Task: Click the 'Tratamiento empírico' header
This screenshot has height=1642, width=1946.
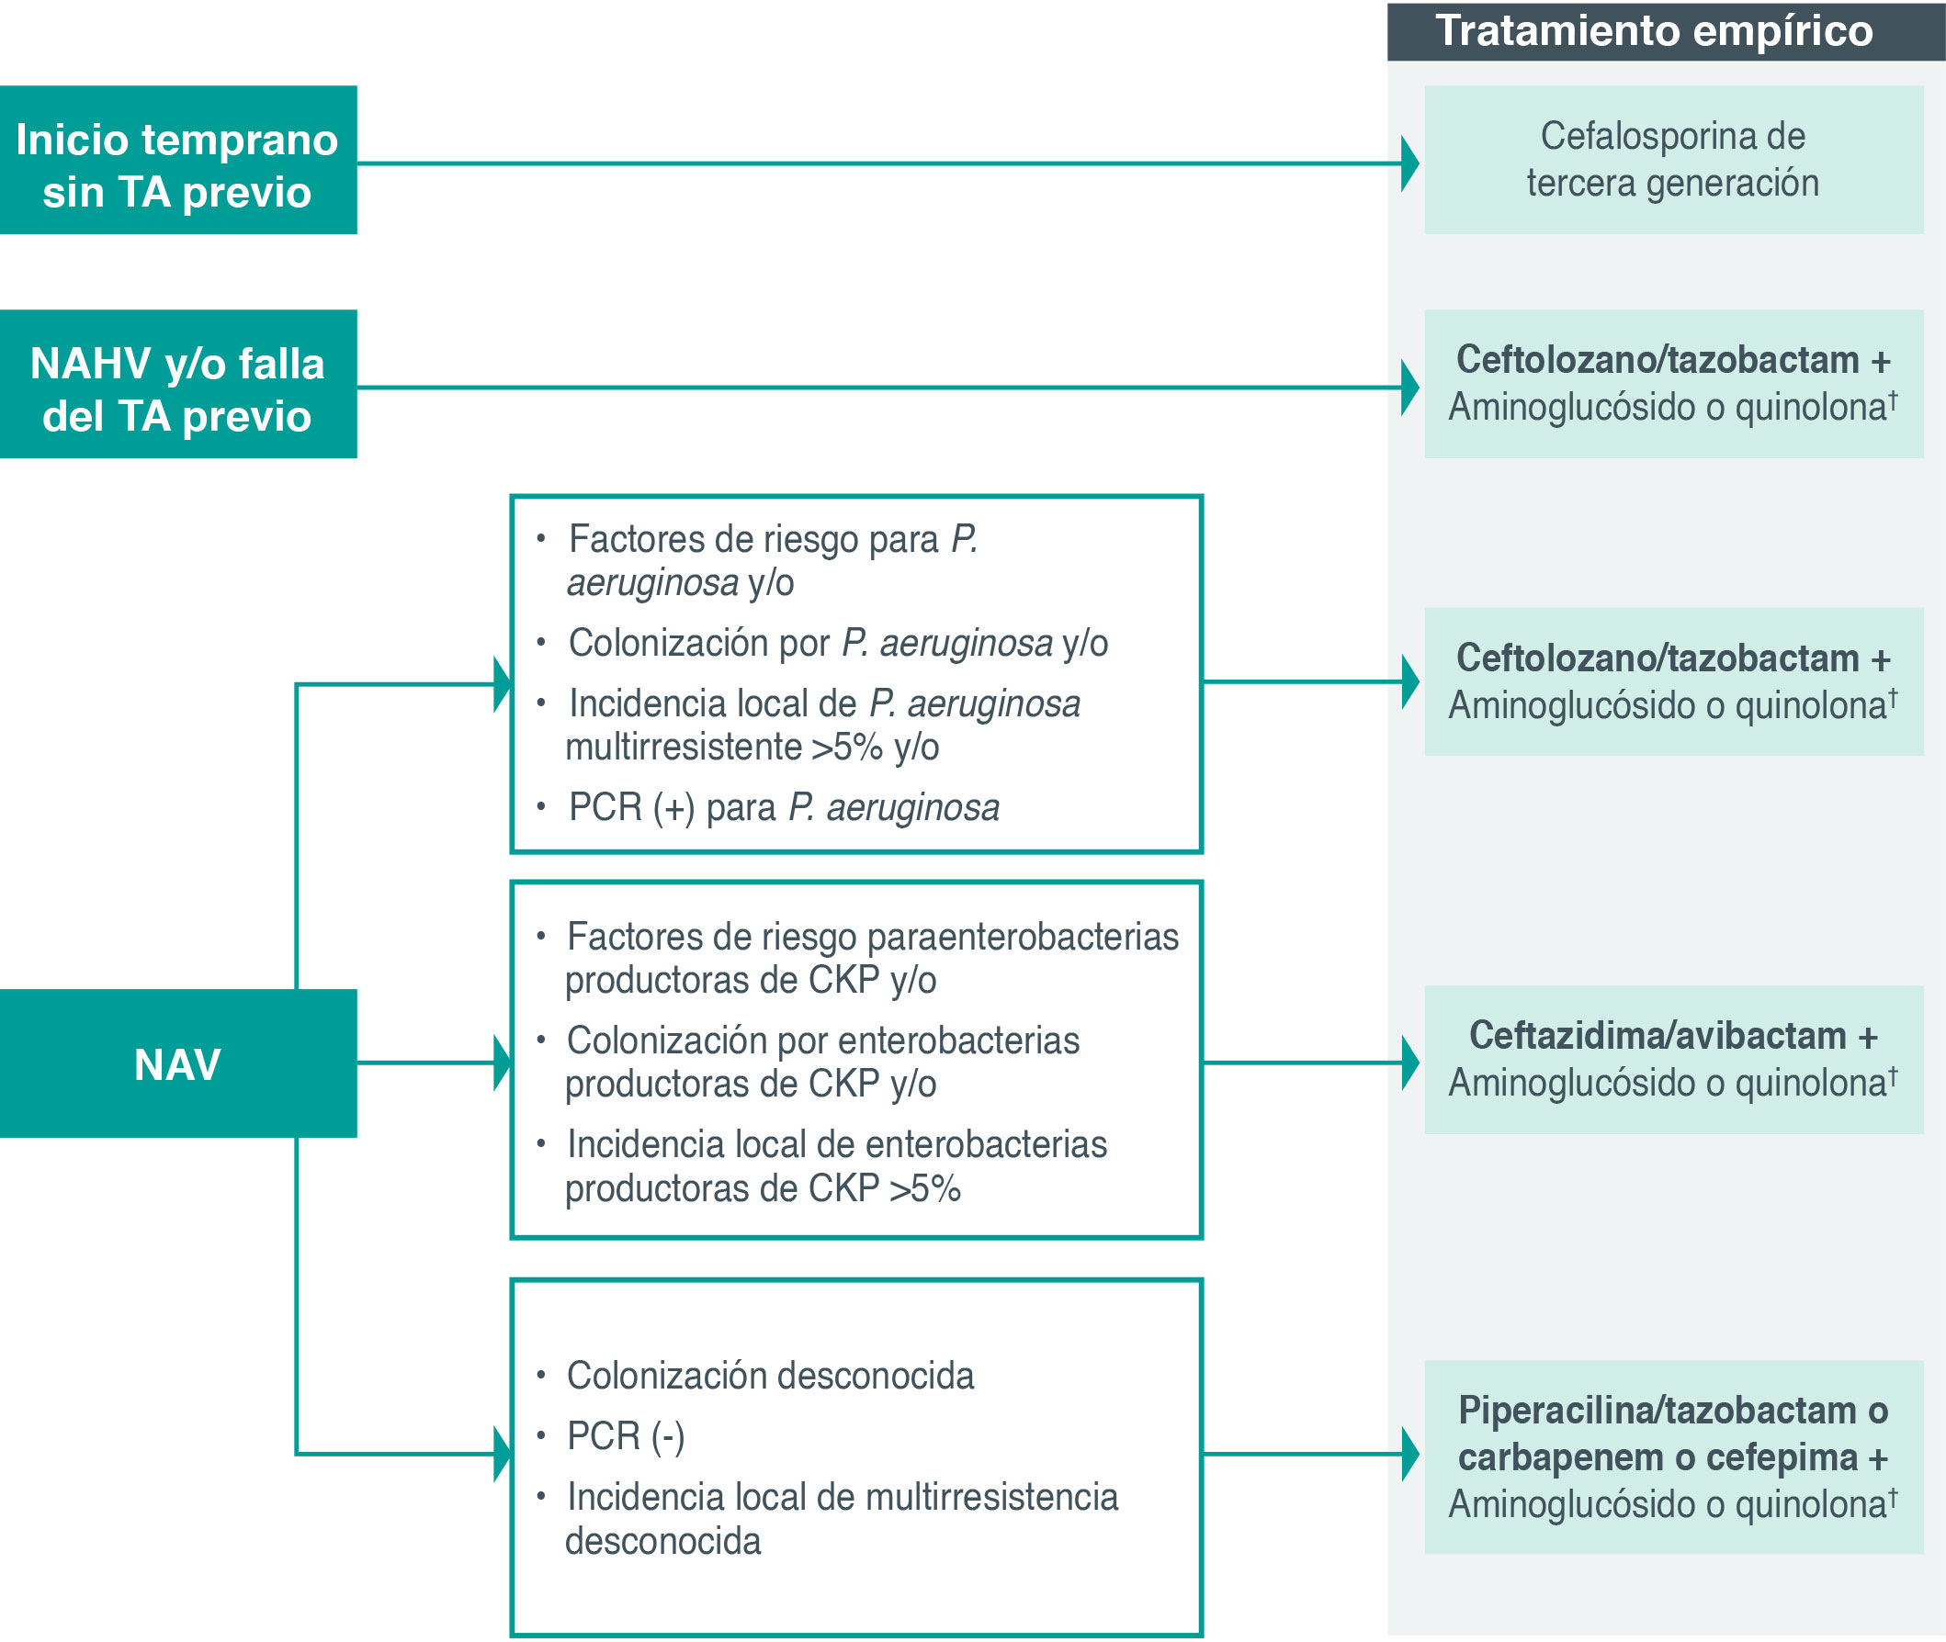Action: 1654,31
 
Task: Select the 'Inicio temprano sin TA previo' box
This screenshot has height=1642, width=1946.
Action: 178,160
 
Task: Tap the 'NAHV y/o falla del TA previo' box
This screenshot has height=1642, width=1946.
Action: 178,384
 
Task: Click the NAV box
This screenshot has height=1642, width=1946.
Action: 178,1063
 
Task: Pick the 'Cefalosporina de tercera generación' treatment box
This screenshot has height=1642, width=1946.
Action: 1672,160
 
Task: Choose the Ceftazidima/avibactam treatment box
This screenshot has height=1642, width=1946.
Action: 1672,1059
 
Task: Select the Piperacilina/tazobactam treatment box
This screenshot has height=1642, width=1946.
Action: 1672,1456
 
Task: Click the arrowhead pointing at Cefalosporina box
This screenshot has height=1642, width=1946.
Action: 1409,163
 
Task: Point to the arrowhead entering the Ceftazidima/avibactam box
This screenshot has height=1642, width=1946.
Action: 1409,1063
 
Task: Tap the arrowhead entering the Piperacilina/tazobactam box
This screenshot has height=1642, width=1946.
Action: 1409,1454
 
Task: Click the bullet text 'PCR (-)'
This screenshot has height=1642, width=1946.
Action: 626,1436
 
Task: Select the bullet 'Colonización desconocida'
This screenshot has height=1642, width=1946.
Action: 770,1376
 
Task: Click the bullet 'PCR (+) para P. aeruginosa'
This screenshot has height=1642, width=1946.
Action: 783,808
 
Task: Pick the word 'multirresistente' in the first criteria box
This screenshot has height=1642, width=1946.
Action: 683,748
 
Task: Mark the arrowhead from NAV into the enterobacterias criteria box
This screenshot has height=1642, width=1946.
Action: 503,1063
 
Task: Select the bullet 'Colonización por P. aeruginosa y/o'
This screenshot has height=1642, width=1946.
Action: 838,643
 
